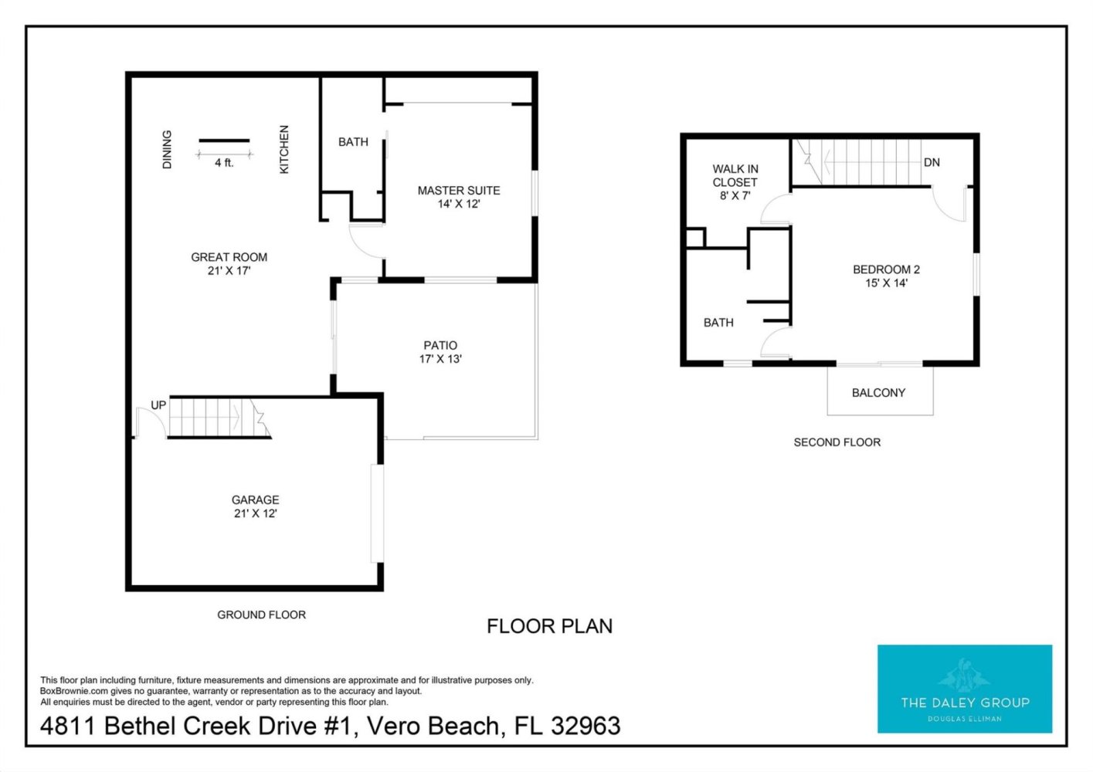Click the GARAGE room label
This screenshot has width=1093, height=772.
point(255,500)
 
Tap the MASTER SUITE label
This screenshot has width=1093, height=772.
point(459,190)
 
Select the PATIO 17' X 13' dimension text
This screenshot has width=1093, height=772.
point(440,359)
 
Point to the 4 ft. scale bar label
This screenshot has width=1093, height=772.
point(225,163)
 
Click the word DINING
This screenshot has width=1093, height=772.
point(167,149)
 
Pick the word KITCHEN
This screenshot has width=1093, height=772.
point(284,149)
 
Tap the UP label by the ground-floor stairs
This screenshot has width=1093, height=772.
point(158,405)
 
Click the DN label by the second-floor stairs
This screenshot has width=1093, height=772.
point(932,162)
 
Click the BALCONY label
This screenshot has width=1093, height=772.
point(878,393)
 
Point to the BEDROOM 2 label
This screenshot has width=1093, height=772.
point(886,269)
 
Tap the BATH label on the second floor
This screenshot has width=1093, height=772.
point(718,323)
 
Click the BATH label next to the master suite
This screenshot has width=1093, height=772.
point(353,142)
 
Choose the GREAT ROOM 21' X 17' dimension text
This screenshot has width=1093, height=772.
point(229,271)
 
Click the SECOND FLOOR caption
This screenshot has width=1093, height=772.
point(837,442)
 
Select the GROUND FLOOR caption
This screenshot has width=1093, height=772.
point(262,615)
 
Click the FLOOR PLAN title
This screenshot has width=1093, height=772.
point(549,626)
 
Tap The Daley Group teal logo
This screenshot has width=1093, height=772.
point(965,689)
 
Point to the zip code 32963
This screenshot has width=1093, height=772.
point(586,726)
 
